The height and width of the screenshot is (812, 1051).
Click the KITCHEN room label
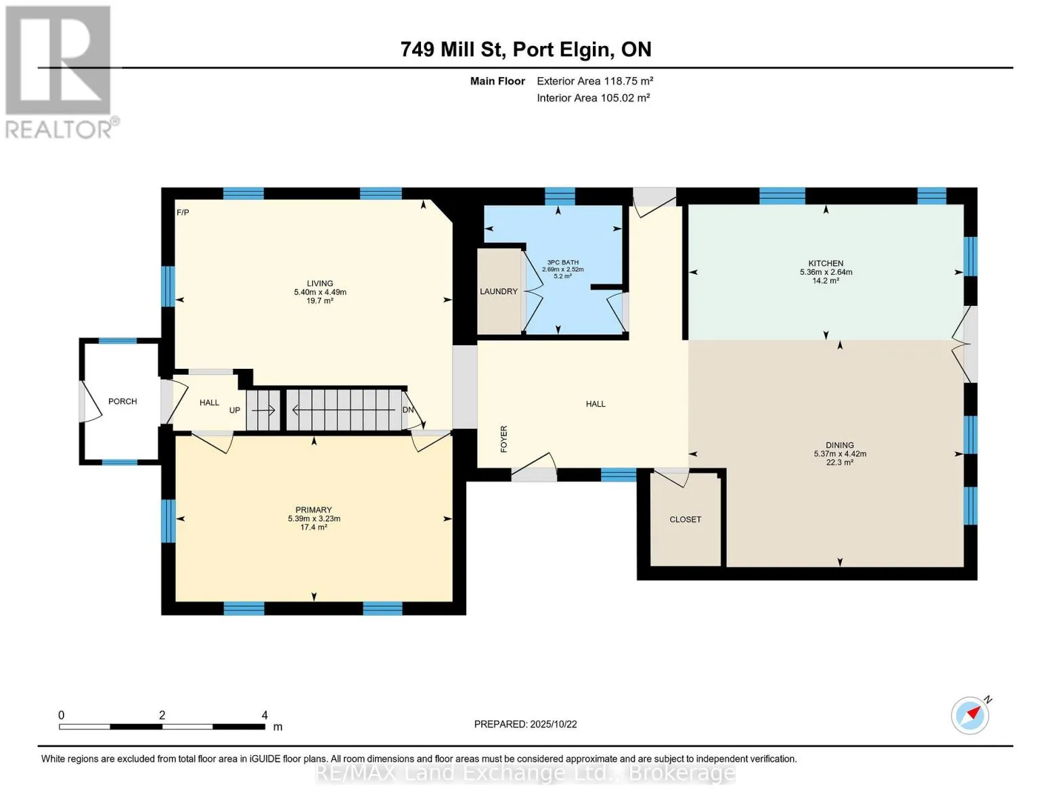(825, 263)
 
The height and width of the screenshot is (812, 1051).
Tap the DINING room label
(840, 445)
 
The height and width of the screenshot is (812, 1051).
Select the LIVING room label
(319, 284)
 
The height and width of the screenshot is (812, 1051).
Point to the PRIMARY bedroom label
(313, 510)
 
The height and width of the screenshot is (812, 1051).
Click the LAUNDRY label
(499, 291)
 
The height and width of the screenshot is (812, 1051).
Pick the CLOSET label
(685, 520)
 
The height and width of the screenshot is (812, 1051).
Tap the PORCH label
(122, 401)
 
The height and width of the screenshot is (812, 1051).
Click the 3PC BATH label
(562, 262)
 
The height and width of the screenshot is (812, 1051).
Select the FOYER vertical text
(504, 438)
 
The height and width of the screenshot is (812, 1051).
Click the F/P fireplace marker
(183, 212)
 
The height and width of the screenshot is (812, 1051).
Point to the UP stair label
(235, 410)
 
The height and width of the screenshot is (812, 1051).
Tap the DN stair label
(407, 409)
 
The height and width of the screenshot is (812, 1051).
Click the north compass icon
(970, 715)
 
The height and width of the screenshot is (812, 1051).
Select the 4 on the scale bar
(265, 715)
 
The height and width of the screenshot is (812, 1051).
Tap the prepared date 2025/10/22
(554, 724)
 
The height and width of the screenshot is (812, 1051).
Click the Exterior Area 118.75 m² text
(594, 81)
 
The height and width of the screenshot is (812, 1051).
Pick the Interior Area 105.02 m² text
(593, 97)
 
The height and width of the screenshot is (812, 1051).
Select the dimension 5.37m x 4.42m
(840, 453)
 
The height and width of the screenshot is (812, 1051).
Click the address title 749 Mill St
(453, 49)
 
